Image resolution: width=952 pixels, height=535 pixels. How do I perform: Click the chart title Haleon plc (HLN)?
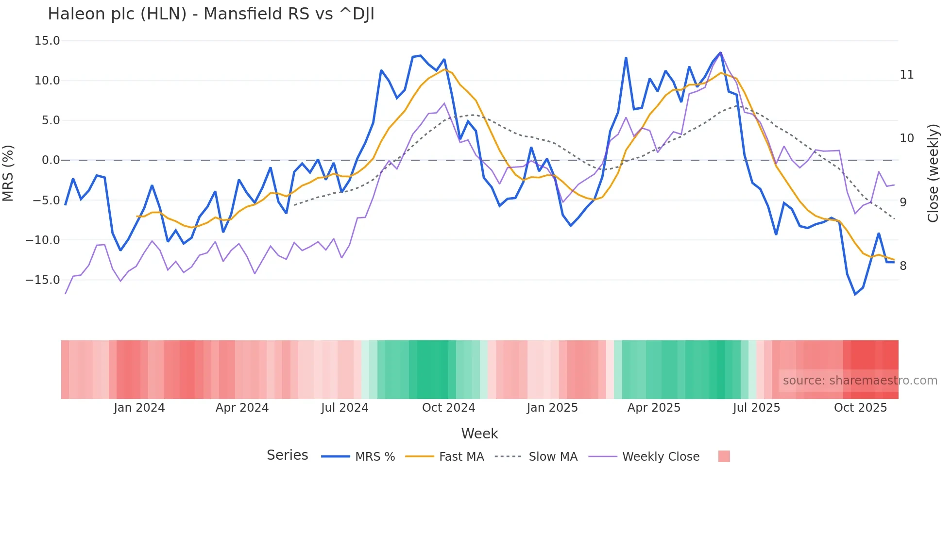(x=211, y=14)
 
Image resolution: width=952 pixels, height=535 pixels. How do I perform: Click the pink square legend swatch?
(x=724, y=456)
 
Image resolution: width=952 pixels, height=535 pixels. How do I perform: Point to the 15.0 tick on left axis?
(x=47, y=41)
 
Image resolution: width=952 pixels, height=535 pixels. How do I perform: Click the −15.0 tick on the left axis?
(x=43, y=280)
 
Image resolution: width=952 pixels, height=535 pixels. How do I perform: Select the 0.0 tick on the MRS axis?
(x=51, y=160)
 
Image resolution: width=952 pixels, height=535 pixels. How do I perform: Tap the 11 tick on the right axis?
(x=906, y=75)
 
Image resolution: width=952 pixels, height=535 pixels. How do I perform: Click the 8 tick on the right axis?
(x=903, y=266)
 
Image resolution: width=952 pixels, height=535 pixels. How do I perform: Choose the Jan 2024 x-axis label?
(x=139, y=408)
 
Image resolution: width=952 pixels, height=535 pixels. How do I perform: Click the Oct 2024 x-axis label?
(x=448, y=408)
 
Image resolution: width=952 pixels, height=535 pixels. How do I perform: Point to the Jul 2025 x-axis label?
(x=756, y=408)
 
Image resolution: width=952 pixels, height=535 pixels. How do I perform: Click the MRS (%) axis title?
(x=8, y=173)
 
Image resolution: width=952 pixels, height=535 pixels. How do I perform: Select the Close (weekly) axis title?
(x=933, y=173)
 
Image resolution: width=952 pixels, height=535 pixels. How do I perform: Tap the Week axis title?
(x=479, y=434)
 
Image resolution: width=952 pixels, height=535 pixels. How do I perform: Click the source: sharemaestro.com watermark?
(x=860, y=381)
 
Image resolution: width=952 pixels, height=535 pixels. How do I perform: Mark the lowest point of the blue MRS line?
(x=855, y=294)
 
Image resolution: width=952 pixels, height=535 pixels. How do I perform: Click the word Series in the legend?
(x=287, y=455)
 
